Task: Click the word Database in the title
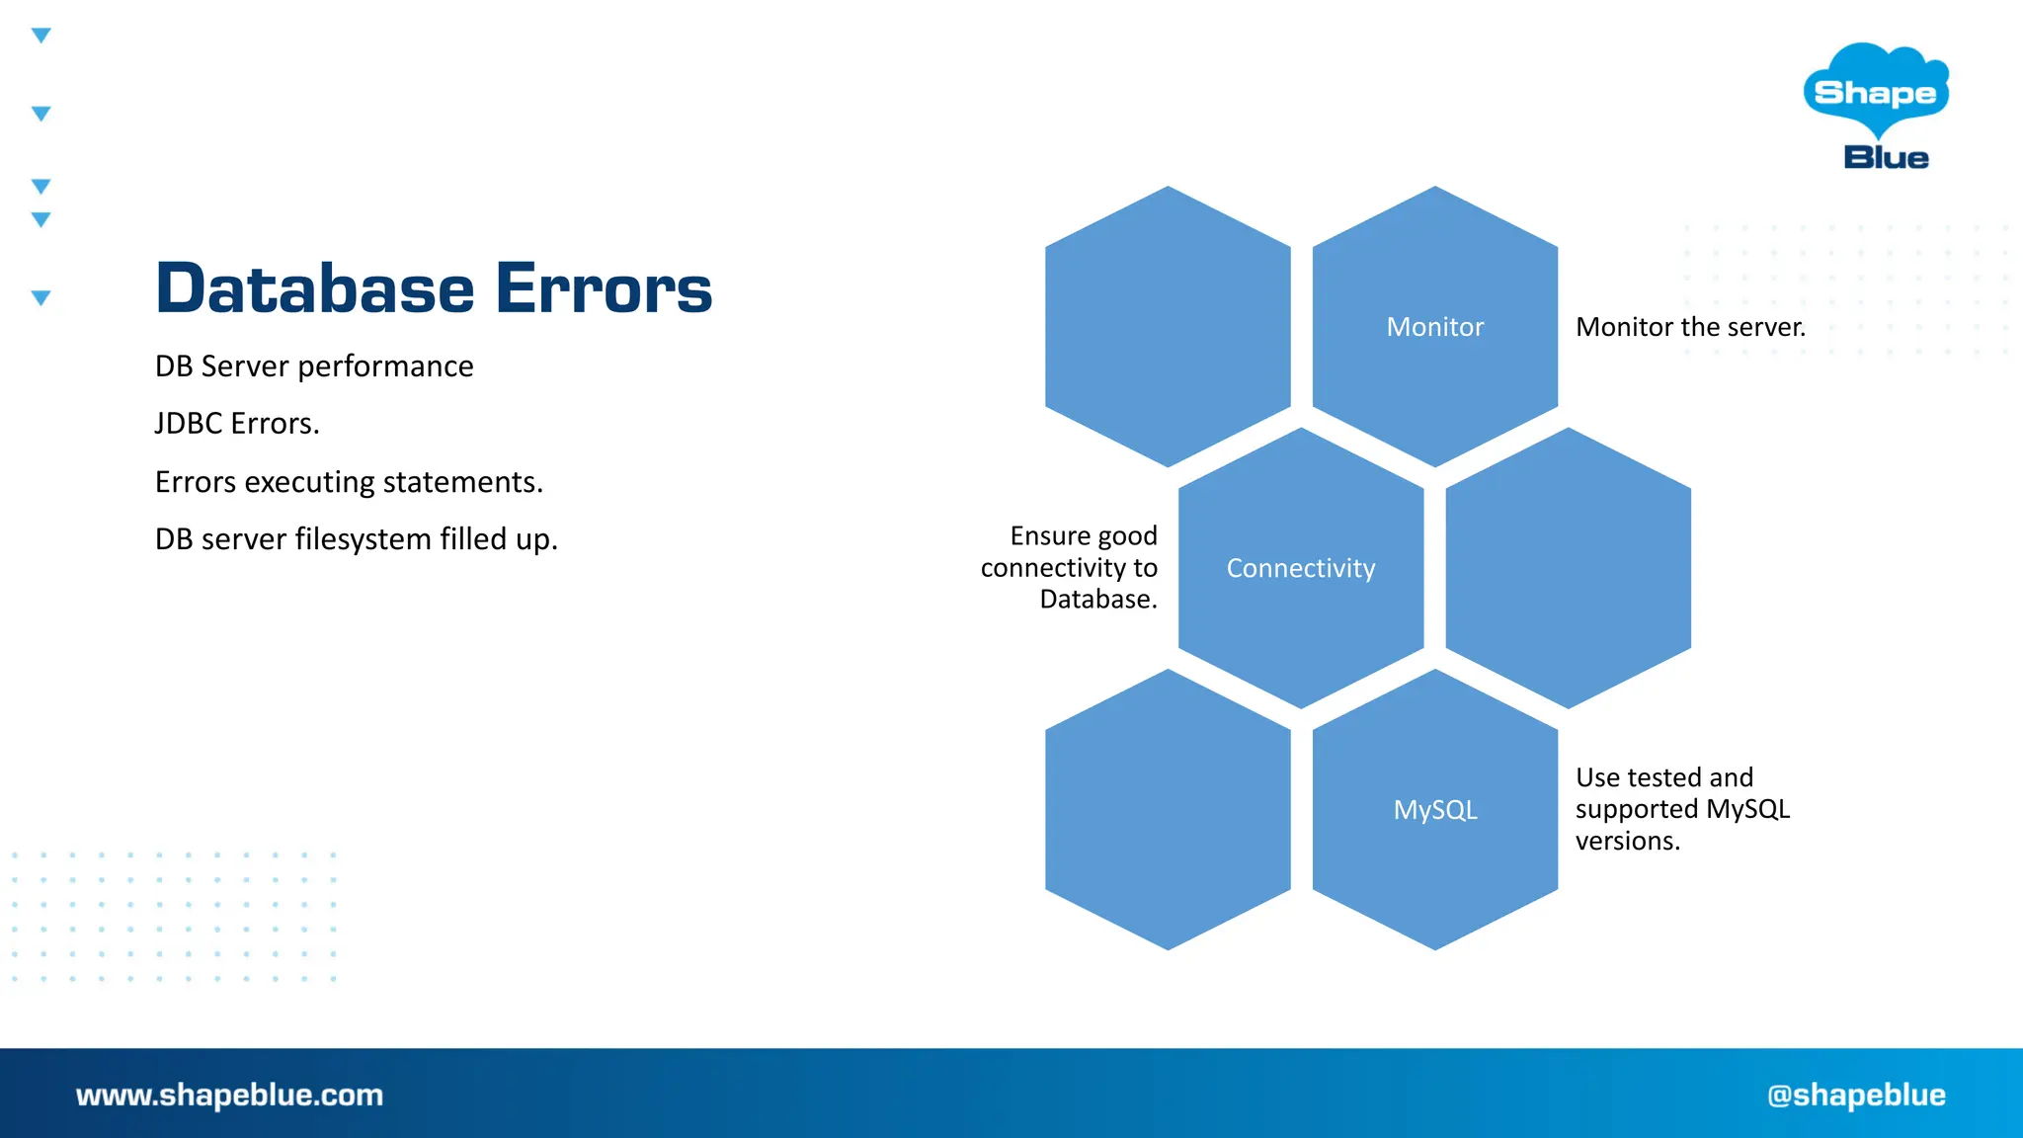(x=315, y=288)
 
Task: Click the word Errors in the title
(x=604, y=288)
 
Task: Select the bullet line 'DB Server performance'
(x=314, y=366)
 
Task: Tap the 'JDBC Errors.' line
(x=237, y=424)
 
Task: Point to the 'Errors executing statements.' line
(x=349, y=482)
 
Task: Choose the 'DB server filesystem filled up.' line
(x=357, y=539)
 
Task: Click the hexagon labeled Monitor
(x=1434, y=327)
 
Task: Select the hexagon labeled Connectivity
(x=1300, y=568)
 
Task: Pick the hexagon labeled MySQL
(x=1434, y=810)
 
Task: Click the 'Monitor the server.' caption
(x=1690, y=327)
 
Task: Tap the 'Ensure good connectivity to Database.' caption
(x=1070, y=568)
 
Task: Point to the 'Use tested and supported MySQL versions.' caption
(x=1682, y=809)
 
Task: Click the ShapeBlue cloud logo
(x=1875, y=91)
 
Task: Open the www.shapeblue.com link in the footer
(x=229, y=1095)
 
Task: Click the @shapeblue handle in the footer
(x=1856, y=1095)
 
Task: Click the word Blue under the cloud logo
(x=1886, y=158)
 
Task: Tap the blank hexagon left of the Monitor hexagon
(x=1168, y=327)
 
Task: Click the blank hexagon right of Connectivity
(x=1568, y=568)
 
